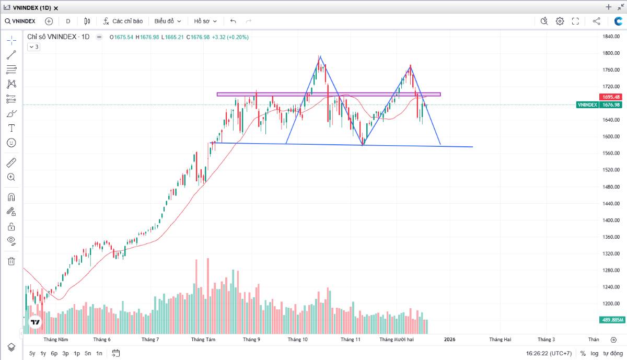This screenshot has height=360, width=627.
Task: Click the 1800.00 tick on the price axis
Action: pyautogui.click(x=610, y=53)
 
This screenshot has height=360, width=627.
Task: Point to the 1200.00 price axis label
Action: pyautogui.click(x=610, y=304)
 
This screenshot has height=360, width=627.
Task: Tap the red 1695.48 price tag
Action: pyautogui.click(x=610, y=97)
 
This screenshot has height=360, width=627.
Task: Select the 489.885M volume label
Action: pyautogui.click(x=610, y=320)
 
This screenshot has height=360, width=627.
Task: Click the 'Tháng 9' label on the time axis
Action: pyautogui.click(x=251, y=339)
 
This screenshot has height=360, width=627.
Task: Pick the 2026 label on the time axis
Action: pyautogui.click(x=449, y=339)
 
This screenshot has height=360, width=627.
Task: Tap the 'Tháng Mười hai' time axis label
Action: pyautogui.click(x=396, y=339)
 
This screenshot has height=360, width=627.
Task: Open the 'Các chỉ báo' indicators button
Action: pyautogui.click(x=123, y=21)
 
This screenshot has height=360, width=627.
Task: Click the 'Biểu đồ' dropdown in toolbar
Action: pyautogui.click(x=167, y=21)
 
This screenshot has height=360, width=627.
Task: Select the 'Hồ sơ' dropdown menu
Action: pyautogui.click(x=205, y=21)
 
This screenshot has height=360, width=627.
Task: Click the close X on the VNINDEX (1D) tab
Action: pyautogui.click(x=56, y=8)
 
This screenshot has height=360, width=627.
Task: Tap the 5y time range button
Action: pyautogui.click(x=32, y=353)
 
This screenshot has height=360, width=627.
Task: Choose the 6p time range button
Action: pyautogui.click(x=54, y=353)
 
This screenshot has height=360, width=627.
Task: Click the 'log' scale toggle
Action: pyautogui.click(x=595, y=353)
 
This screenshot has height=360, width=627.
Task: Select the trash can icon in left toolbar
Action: pyautogui.click(x=11, y=261)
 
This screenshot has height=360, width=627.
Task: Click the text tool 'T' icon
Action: pyautogui.click(x=11, y=128)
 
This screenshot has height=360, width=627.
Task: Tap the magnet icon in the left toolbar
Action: pyautogui.click(x=11, y=197)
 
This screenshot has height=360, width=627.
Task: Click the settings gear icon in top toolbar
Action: pyautogui.click(x=560, y=21)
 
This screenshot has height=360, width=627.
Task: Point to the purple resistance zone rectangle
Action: pyautogui.click(x=329, y=95)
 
